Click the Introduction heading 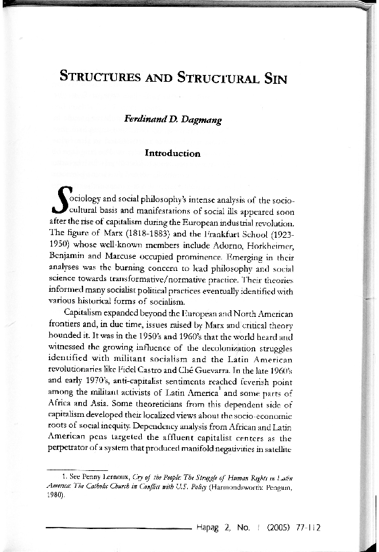click(172, 153)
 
